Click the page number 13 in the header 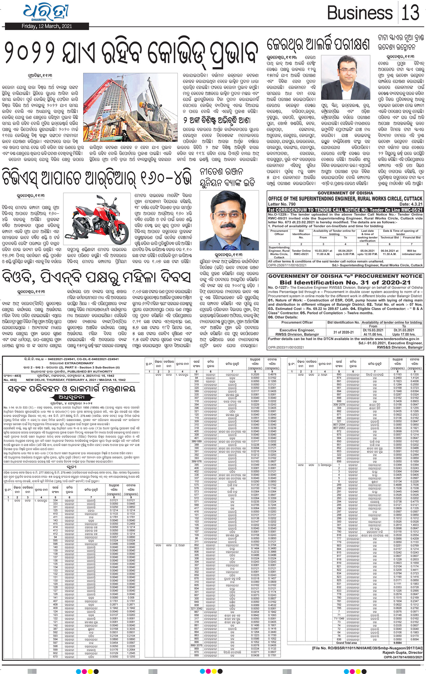tap(410, 13)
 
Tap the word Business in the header tap(360, 14)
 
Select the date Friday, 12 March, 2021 tap(47, 26)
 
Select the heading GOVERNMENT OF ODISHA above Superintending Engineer tap(345, 193)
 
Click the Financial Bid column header tap(412, 237)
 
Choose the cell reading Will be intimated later tap(412, 252)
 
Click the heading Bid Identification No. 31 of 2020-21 tap(345, 282)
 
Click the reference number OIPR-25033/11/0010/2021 tap(286, 348)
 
